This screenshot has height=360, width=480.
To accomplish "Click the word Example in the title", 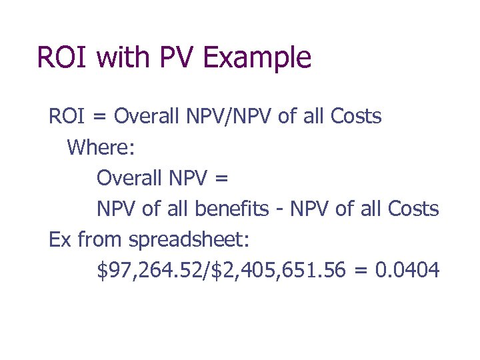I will point(257,57).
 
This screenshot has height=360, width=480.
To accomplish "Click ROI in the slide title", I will point(63,57).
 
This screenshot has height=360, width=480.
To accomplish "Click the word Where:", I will point(101,147).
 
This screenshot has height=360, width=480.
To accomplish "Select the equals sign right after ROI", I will point(99,117).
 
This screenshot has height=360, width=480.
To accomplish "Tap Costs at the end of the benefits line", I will point(413,209).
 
